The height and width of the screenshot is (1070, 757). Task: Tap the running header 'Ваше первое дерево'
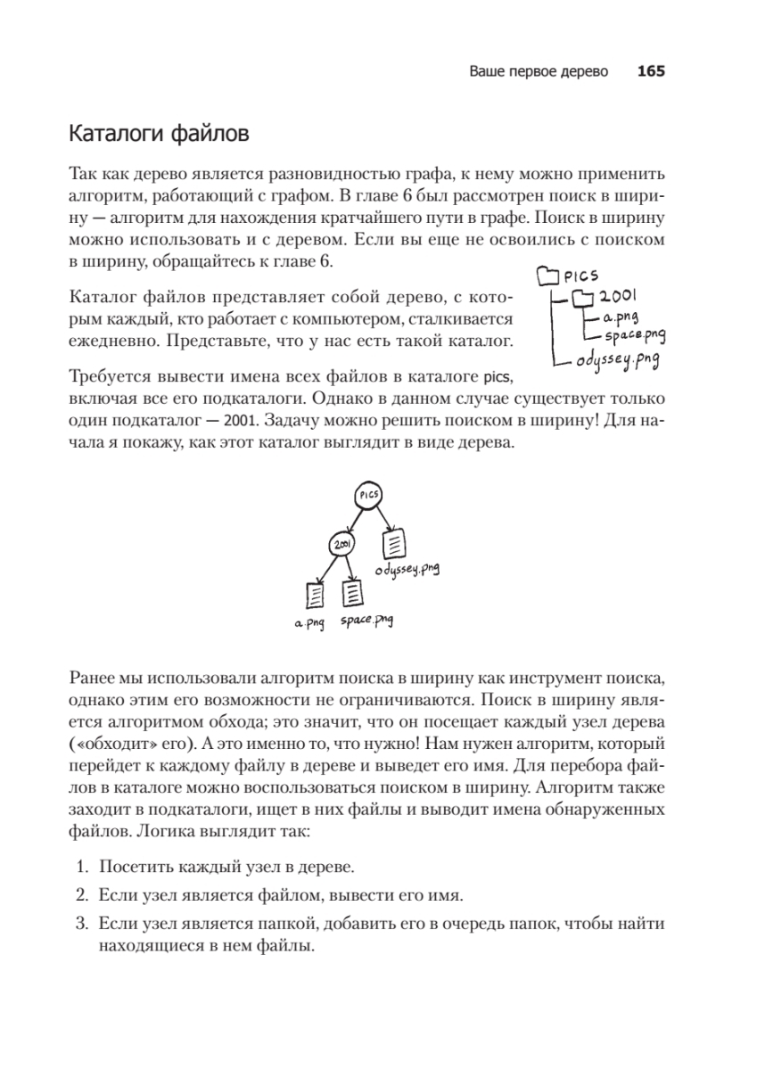point(539,72)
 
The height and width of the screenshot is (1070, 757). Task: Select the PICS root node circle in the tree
point(368,494)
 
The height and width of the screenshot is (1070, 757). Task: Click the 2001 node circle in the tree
point(341,545)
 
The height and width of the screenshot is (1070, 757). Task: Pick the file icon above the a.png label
point(315,594)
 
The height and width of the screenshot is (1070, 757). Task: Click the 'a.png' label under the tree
point(309,622)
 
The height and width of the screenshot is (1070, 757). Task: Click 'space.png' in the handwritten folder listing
point(637,336)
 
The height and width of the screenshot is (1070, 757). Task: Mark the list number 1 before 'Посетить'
point(79,867)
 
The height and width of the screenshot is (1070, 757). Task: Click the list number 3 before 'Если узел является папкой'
point(79,924)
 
